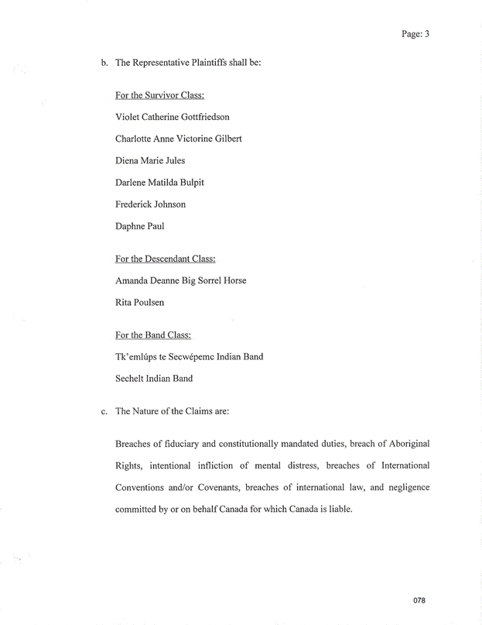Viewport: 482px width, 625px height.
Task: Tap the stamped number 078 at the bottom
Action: [x=419, y=600]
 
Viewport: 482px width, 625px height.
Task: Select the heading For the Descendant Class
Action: [x=165, y=258]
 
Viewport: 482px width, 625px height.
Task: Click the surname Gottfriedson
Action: [x=199, y=117]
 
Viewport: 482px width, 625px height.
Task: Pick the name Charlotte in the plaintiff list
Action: [x=135, y=139]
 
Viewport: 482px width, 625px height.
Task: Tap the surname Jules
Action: [x=173, y=160]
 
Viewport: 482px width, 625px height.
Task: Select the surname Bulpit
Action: [x=188, y=183]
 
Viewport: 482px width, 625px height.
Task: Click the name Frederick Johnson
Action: [x=150, y=204]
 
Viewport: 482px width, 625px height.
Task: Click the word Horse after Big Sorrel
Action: [x=233, y=280]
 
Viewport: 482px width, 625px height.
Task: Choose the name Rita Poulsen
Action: [x=139, y=302]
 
